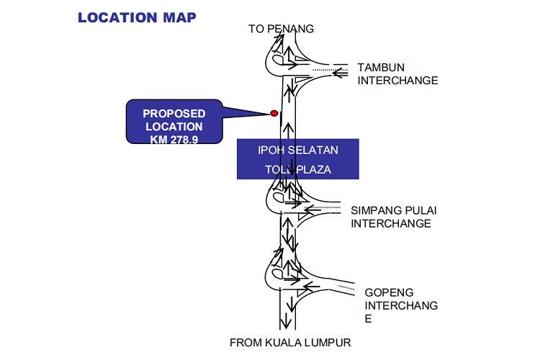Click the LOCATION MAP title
pos(137,17)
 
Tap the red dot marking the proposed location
pos(274,113)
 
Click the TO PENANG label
pos(282,29)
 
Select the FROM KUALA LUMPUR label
pos(290,343)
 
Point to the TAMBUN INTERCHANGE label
pos(397,73)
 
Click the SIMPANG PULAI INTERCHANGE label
pos(394,217)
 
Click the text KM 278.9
pos(174,139)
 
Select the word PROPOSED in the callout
pos(174,113)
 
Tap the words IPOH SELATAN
pos(298,150)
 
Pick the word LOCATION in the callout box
pos(174,126)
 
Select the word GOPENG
pos(388,293)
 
